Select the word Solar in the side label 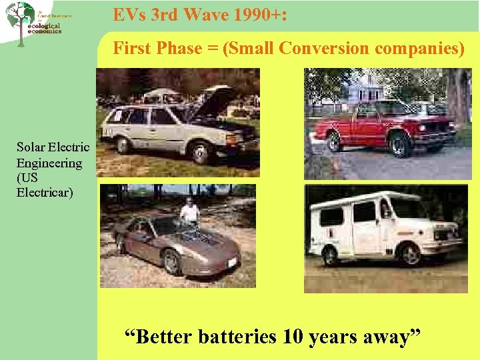[31, 147]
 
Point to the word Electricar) [45, 193]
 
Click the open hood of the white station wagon [217, 103]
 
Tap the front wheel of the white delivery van [409, 254]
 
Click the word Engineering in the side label [49, 163]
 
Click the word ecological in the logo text [44, 26]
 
